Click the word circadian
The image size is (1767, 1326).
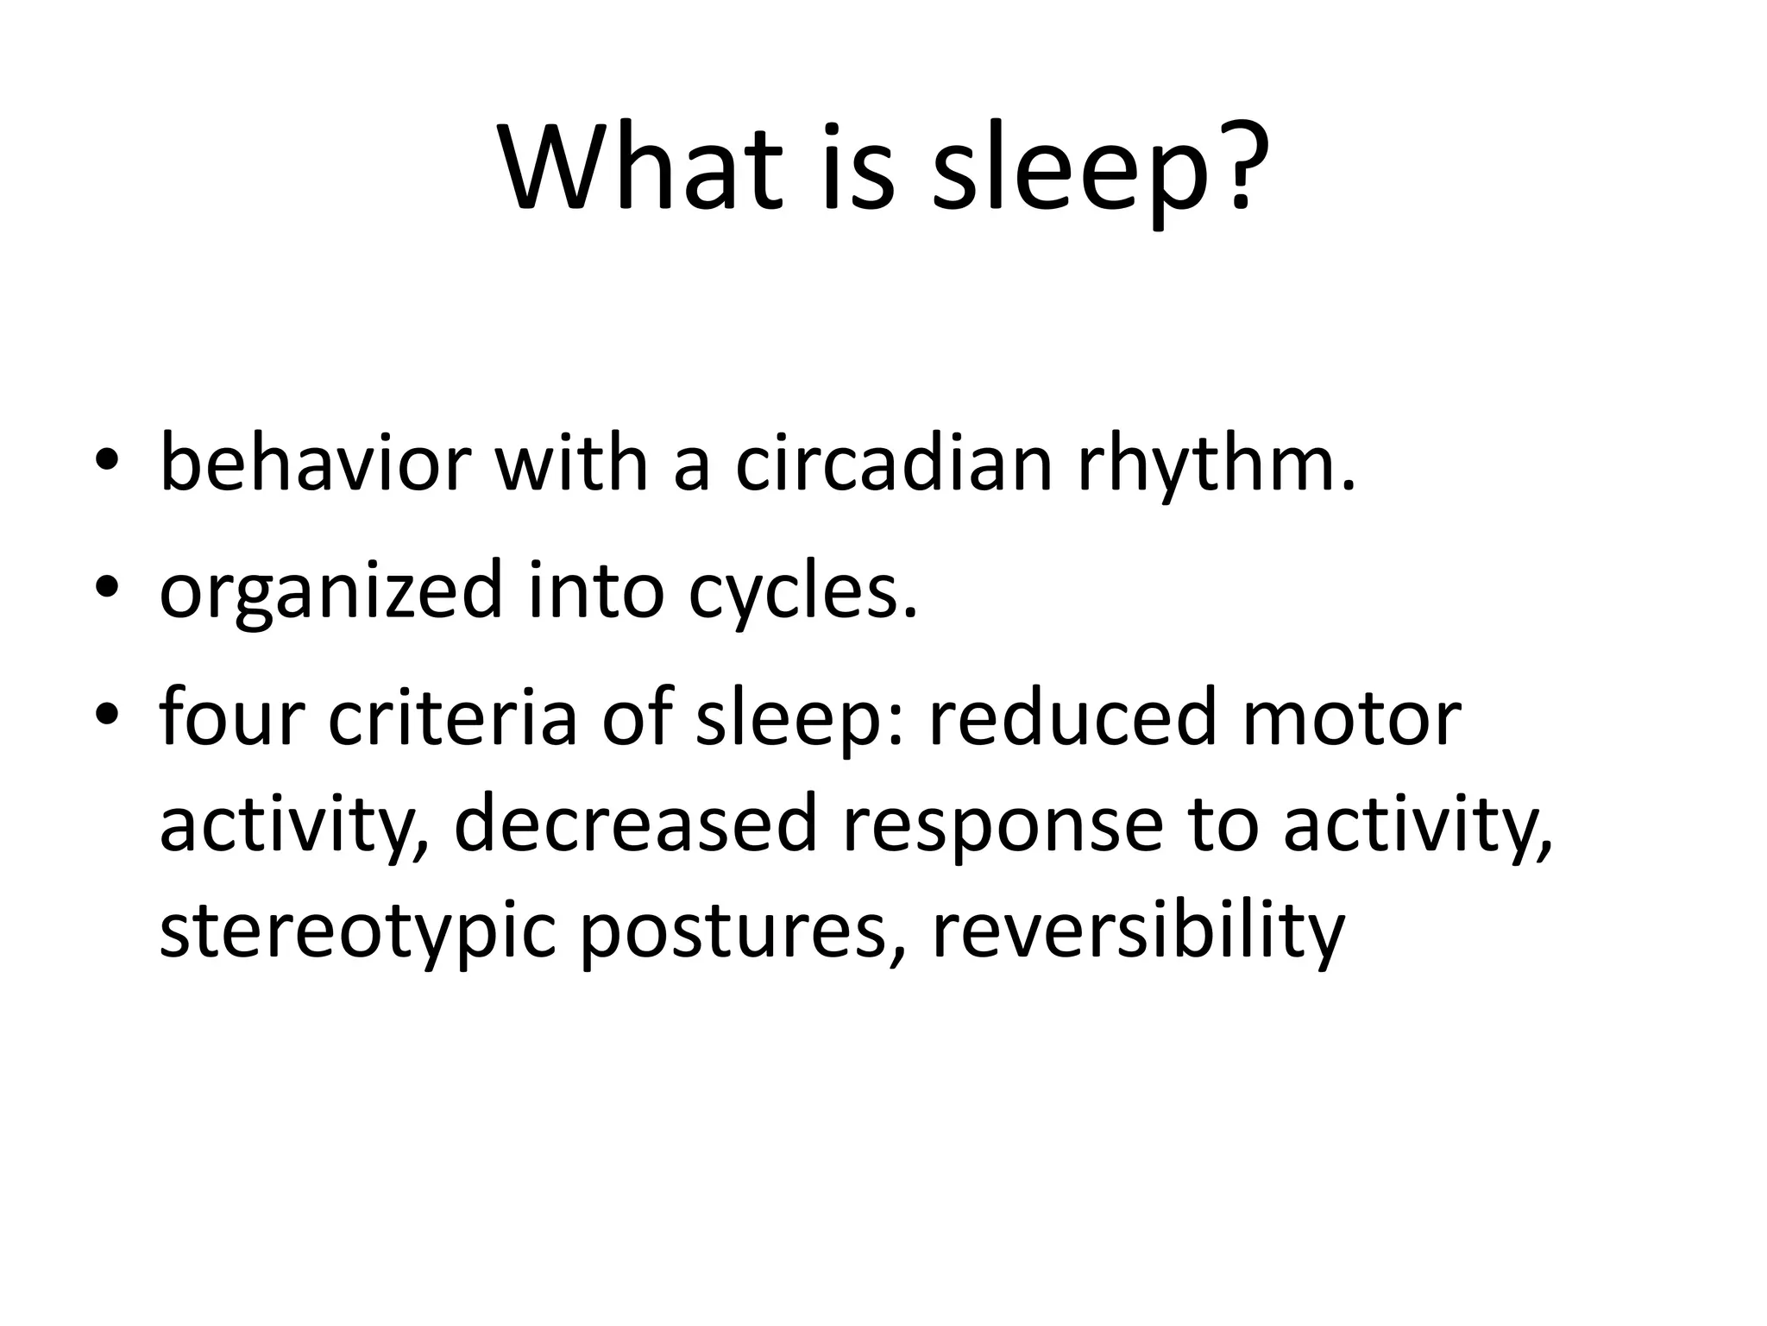click(894, 464)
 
